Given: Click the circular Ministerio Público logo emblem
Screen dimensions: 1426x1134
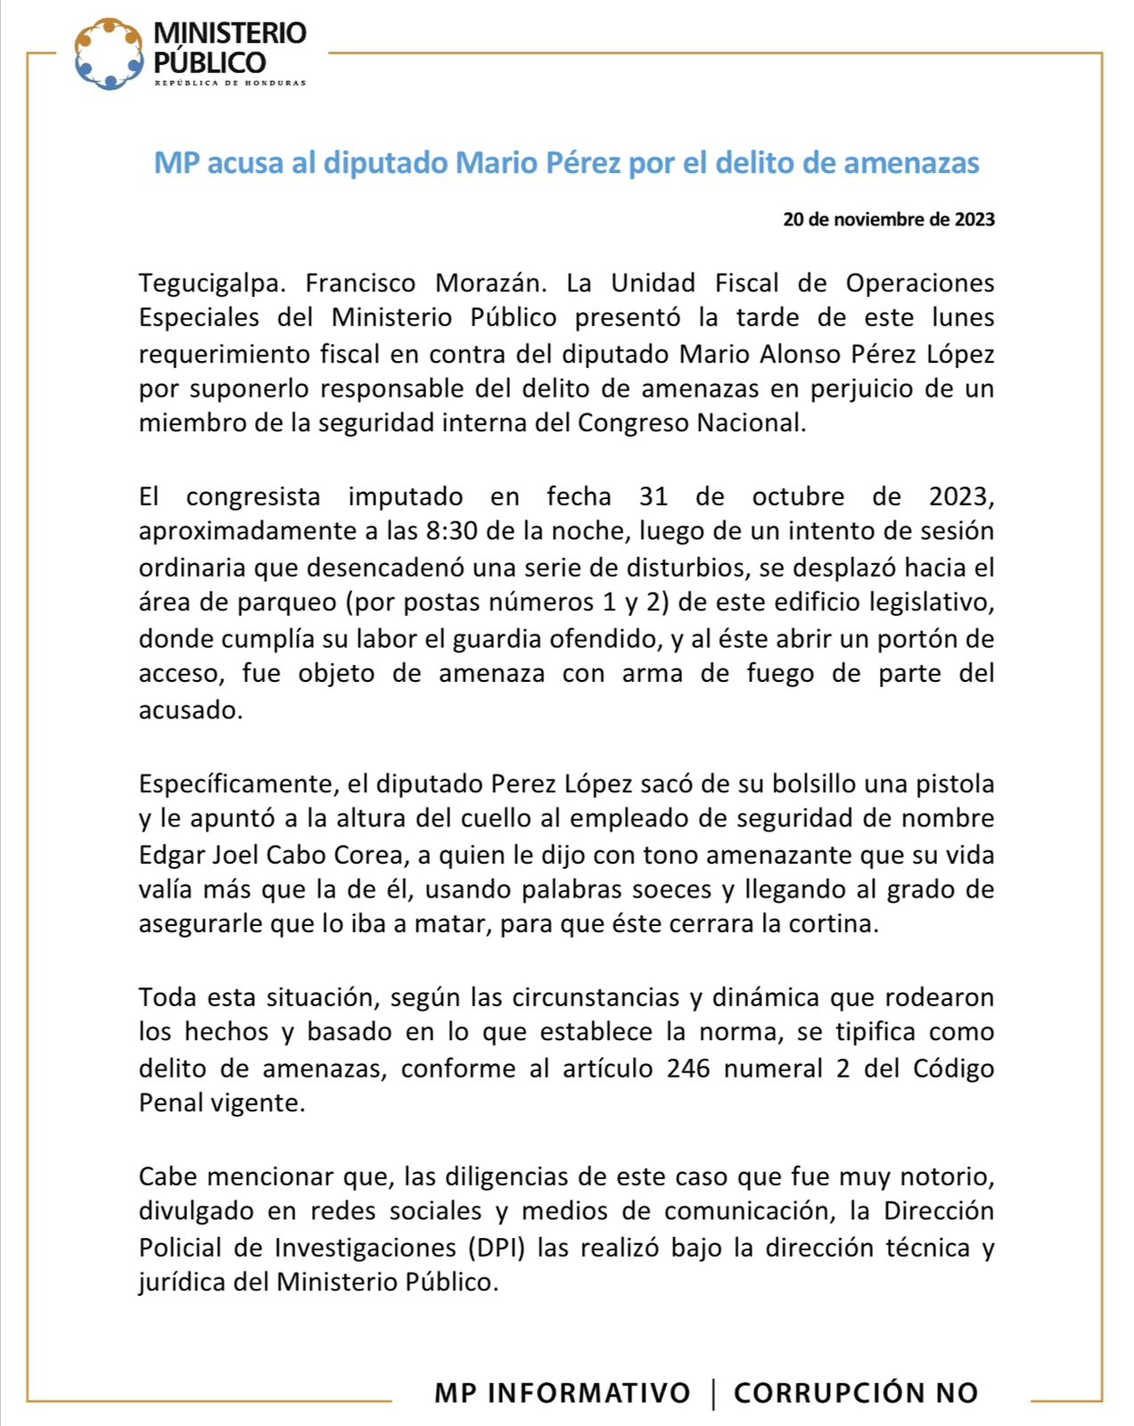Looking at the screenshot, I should pyautogui.click(x=109, y=54).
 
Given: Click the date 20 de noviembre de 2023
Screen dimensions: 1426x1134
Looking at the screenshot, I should pyautogui.click(x=888, y=219).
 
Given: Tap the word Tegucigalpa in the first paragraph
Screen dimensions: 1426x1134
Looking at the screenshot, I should pyautogui.click(x=212, y=283).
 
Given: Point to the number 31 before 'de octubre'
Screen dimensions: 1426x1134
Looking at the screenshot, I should pyautogui.click(x=653, y=496).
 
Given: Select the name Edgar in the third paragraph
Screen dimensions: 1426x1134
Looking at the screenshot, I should pyautogui.click(x=171, y=856).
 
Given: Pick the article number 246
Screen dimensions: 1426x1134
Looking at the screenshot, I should pyautogui.click(x=688, y=1068).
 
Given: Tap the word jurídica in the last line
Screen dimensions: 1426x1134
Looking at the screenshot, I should pyautogui.click(x=177, y=1283).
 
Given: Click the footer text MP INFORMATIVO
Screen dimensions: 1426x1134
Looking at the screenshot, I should pyautogui.click(x=562, y=1392).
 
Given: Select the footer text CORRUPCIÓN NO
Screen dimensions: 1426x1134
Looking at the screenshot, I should pyautogui.click(x=856, y=1392).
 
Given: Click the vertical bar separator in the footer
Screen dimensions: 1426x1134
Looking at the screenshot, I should pyautogui.click(x=713, y=1393).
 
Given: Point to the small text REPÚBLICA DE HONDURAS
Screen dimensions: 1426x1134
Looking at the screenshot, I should pyautogui.click(x=230, y=84).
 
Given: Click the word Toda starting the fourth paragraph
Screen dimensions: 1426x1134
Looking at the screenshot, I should pyautogui.click(x=168, y=997).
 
